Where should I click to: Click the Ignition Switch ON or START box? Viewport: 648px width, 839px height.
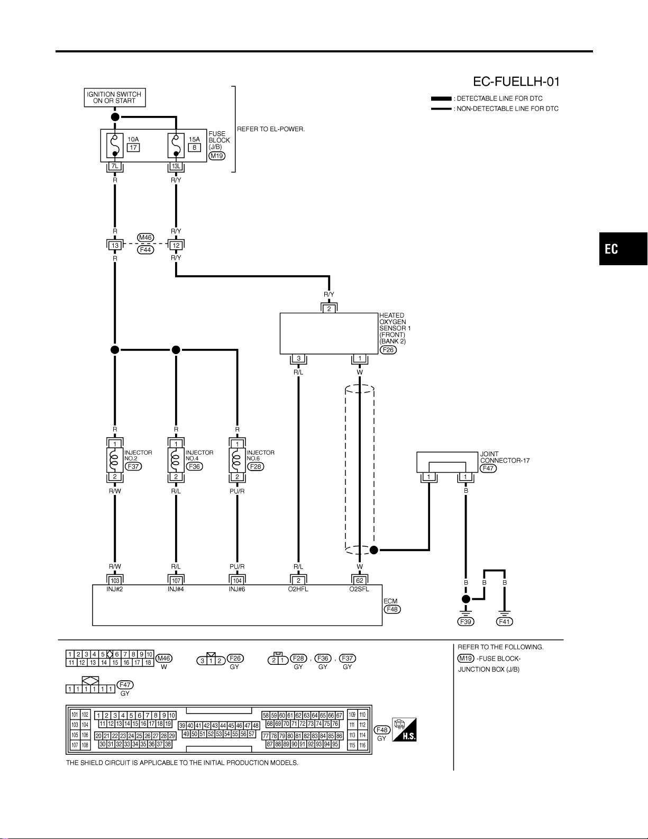[x=115, y=97]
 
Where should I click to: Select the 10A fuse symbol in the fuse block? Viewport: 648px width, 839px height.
[x=115, y=146]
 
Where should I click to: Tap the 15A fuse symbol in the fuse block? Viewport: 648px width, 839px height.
[x=176, y=146]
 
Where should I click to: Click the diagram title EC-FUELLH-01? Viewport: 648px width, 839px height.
[x=516, y=82]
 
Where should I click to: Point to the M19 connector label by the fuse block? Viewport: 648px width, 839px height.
[x=217, y=156]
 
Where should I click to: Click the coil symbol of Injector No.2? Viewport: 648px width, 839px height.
[x=115, y=459]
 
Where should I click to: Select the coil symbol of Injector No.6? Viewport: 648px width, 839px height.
[x=237, y=459]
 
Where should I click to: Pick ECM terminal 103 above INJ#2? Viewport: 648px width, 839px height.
[x=115, y=580]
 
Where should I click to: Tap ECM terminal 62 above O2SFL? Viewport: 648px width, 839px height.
[x=360, y=580]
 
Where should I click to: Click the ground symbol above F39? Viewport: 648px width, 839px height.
[x=466, y=614]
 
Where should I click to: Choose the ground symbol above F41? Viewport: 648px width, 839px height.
[x=504, y=614]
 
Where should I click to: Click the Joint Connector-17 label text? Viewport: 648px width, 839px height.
[x=505, y=457]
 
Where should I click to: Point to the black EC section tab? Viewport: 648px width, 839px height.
[x=623, y=249]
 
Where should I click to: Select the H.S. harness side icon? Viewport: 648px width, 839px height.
[x=404, y=729]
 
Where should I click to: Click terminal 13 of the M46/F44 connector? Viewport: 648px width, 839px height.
[x=115, y=245]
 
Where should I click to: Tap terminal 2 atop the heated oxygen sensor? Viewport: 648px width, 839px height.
[x=329, y=309]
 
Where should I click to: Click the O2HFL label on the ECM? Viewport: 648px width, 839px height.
[x=298, y=589]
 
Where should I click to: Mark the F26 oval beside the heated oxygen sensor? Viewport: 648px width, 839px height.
[x=388, y=350]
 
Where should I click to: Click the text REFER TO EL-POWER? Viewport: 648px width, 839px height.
[x=271, y=129]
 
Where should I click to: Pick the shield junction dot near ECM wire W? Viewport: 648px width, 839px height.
[x=374, y=550]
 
